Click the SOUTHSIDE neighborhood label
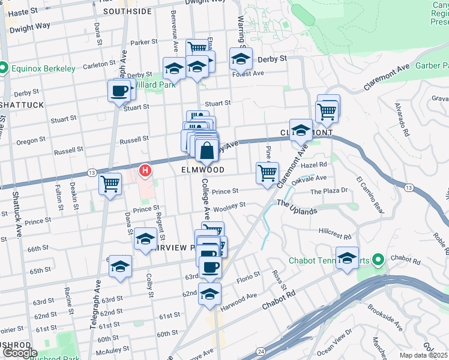[x=127, y=11]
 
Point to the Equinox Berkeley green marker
[x=4, y=68]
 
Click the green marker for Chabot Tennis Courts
[x=378, y=260]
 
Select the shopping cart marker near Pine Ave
[x=267, y=173]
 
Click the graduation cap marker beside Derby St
[x=241, y=59]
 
